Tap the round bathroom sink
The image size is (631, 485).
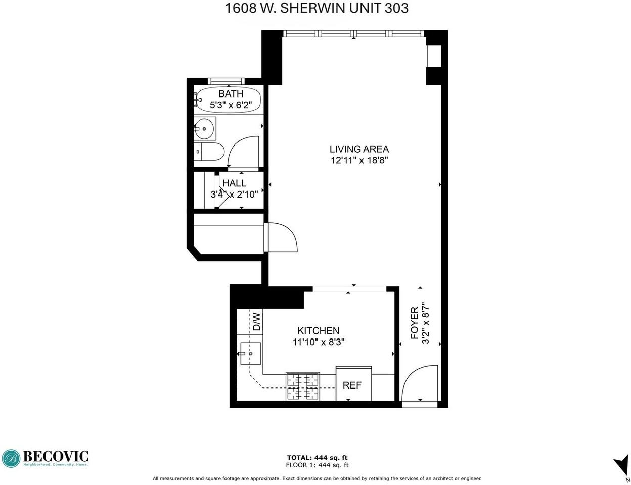point(204,129)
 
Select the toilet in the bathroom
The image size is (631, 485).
point(209,151)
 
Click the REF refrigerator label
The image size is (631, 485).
point(352,385)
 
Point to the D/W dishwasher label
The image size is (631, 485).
point(257,322)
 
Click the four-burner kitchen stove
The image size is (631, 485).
point(302,386)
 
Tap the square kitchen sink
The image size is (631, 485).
point(250,353)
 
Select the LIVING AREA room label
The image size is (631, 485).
point(359,149)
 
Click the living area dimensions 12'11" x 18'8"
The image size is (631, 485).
point(359,160)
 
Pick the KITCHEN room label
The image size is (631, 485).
point(318,331)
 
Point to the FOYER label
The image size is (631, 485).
point(415,323)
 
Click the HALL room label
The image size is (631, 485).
point(234,183)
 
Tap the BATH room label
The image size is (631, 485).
point(231,93)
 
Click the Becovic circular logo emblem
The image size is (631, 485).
point(11,459)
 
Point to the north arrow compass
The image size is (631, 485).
point(621,468)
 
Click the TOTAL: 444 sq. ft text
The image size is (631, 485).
point(317,458)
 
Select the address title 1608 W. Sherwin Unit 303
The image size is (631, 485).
point(317,8)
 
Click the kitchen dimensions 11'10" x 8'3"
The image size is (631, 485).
point(318,343)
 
